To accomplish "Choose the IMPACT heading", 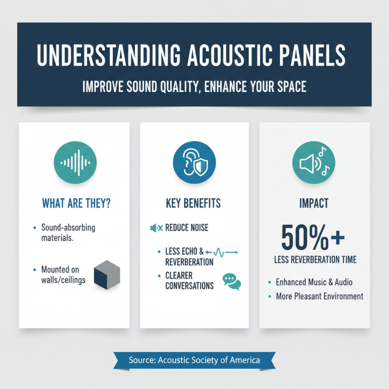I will pyautogui.click(x=313, y=203).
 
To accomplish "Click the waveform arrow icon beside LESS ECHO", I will pyautogui.click(x=221, y=252).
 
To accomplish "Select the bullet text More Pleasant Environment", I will pyautogui.click(x=319, y=296).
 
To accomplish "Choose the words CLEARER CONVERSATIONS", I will pyautogui.click(x=190, y=281).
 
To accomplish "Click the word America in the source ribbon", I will pyautogui.click(x=242, y=360).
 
